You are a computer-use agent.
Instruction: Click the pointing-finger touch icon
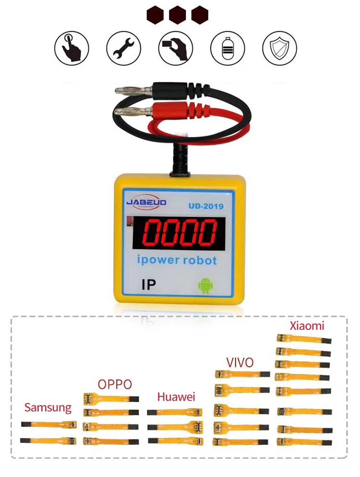click(72, 48)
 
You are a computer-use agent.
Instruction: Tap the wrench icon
click(123, 48)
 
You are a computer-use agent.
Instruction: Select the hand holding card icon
click(175, 48)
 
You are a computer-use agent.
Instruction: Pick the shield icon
click(279, 48)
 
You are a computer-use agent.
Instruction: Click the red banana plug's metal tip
click(125, 113)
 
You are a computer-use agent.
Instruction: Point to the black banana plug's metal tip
click(125, 89)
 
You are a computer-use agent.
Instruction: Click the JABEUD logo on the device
click(146, 203)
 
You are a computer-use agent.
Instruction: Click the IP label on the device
click(149, 285)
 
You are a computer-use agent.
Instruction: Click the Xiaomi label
click(307, 326)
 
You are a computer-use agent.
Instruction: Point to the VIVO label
click(240, 362)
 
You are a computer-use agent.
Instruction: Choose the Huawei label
click(176, 397)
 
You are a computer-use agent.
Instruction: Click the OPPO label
click(114, 384)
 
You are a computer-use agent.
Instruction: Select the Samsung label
click(48, 408)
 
